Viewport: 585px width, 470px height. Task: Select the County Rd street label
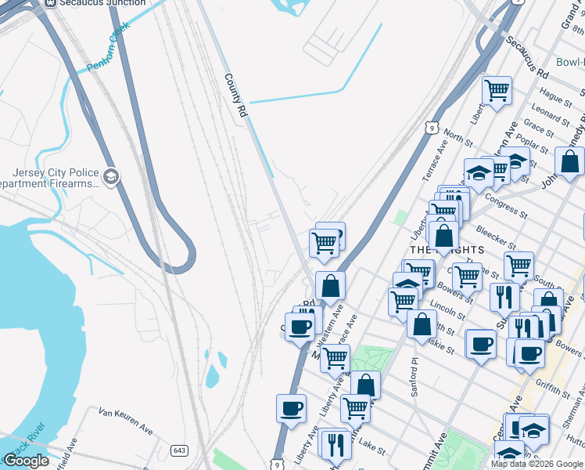tap(235, 96)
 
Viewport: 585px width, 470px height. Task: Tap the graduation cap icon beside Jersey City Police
tap(111, 176)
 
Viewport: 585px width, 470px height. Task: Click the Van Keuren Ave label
tap(125, 420)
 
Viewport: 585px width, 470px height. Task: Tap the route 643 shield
tap(180, 450)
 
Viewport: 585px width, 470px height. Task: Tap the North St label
tap(459, 138)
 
